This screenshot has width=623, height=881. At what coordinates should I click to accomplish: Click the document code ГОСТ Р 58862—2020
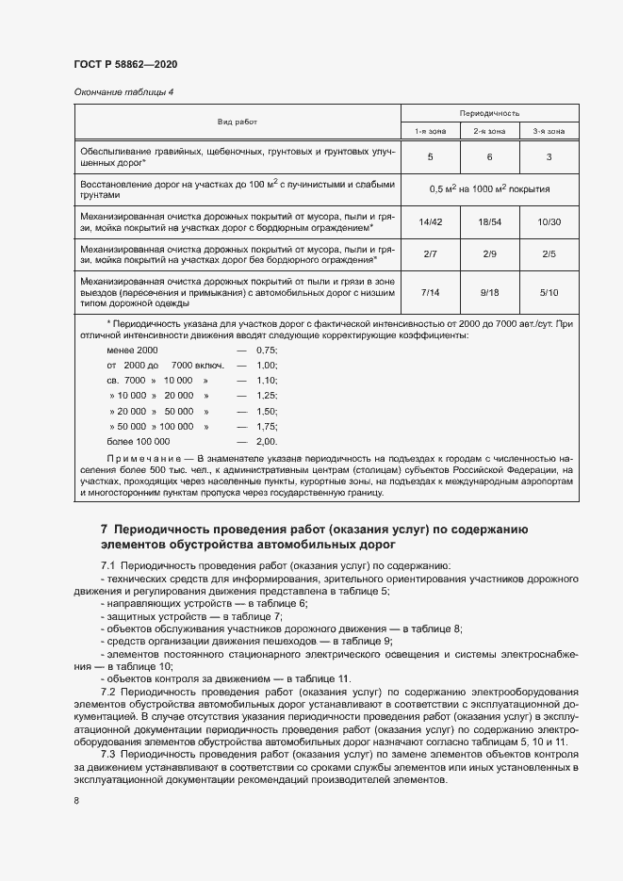125,64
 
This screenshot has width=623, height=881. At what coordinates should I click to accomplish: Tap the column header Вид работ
238,122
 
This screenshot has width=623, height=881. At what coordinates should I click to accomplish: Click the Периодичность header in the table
489,112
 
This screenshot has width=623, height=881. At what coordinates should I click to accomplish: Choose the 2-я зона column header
489,131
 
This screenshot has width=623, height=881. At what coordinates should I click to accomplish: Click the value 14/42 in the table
430,221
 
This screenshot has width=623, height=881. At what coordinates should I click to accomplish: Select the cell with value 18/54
489,221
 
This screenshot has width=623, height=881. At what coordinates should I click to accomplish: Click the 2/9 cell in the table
489,253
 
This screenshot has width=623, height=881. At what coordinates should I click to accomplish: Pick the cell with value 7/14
430,292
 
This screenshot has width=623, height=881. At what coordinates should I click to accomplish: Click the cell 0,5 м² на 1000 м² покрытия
489,189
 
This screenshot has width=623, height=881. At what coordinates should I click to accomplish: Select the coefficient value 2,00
267,441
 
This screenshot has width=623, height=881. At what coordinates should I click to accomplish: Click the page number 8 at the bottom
76,800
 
